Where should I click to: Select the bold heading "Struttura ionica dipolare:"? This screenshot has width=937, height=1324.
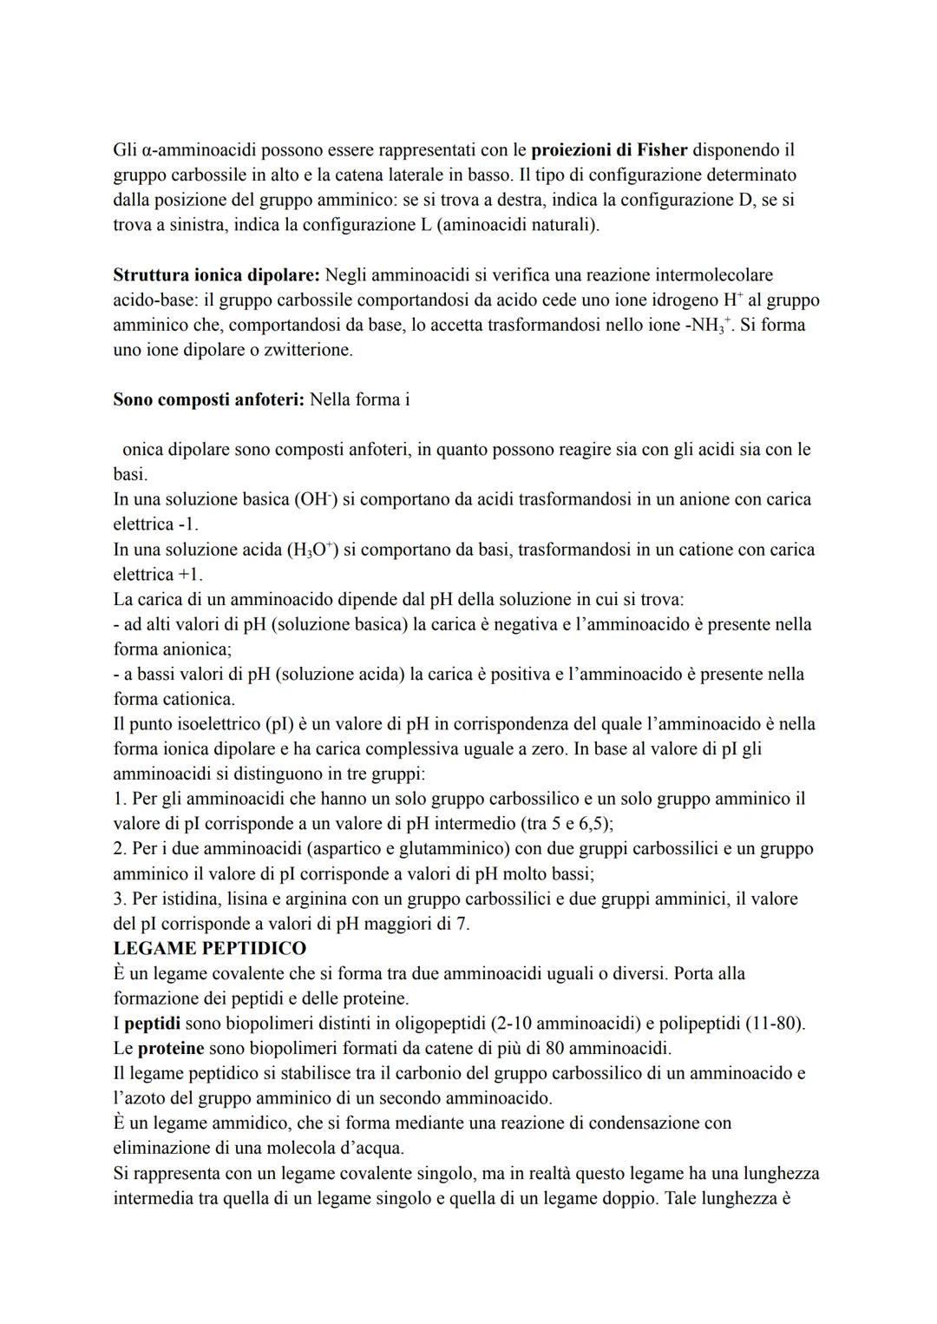click(x=216, y=275)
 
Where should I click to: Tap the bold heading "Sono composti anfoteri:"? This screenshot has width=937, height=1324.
click(x=208, y=400)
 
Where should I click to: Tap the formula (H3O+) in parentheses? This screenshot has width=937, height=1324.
click(x=311, y=550)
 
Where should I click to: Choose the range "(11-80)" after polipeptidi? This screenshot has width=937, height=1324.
click(x=774, y=1023)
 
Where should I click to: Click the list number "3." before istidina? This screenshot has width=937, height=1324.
click(x=121, y=899)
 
